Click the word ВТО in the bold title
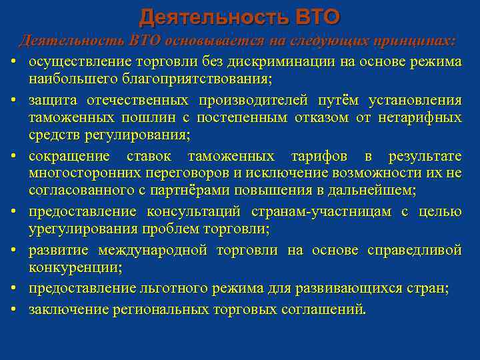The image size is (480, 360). pos(313,15)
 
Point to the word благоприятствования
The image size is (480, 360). pos(149,79)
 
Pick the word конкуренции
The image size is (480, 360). pos(69,268)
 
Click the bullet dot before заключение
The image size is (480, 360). pos(13,310)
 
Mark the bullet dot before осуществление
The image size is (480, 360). pos(13,62)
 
